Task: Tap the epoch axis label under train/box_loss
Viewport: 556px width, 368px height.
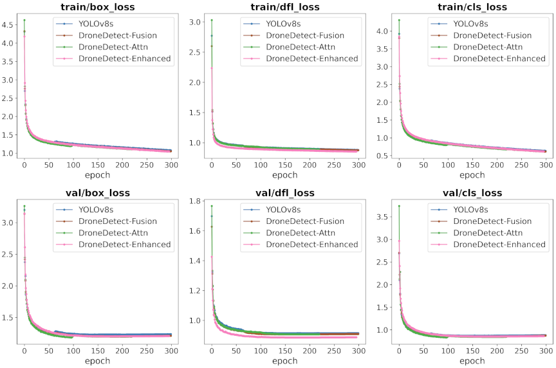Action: pyautogui.click(x=97, y=175)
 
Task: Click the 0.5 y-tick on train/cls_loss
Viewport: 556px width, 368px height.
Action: pyautogui.click(x=383, y=155)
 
